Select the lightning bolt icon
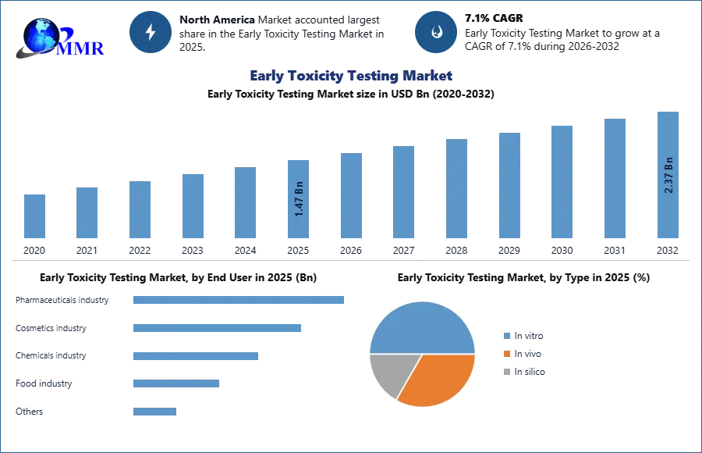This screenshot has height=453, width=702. [x=151, y=32]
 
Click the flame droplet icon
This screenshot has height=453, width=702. [x=436, y=32]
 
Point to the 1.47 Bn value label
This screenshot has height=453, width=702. [x=300, y=198]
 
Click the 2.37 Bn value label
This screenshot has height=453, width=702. [x=668, y=175]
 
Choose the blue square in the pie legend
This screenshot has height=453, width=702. [x=506, y=337]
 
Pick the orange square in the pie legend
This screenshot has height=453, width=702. [x=506, y=355]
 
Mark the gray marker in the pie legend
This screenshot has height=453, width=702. [x=506, y=370]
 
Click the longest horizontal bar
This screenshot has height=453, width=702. [x=239, y=300]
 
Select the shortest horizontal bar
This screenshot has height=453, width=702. [x=155, y=412]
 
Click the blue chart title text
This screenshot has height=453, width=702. [x=351, y=76]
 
